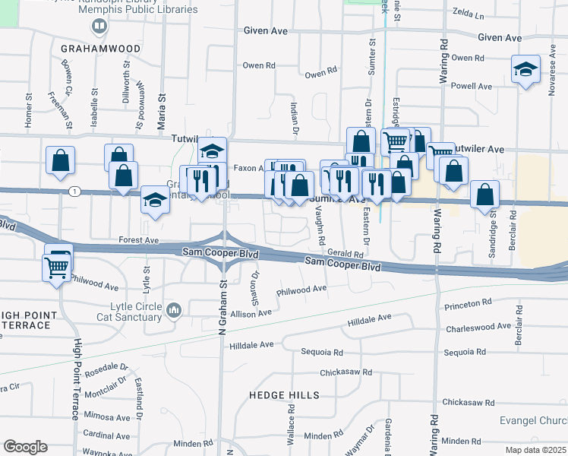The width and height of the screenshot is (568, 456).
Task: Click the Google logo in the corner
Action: coord(25,447)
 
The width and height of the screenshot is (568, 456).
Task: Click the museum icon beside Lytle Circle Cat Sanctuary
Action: coord(175,310)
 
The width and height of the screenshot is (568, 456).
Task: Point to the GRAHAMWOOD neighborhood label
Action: coord(101,49)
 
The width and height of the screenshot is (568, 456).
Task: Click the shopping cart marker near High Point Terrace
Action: coord(57,267)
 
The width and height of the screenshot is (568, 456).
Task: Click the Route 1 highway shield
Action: coord(74,191)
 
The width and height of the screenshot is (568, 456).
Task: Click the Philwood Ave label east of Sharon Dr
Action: coord(301,289)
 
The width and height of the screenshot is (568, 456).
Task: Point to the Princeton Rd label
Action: coord(469,304)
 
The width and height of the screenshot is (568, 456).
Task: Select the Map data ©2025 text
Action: coord(534,450)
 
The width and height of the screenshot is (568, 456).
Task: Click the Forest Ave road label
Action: coord(138,239)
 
